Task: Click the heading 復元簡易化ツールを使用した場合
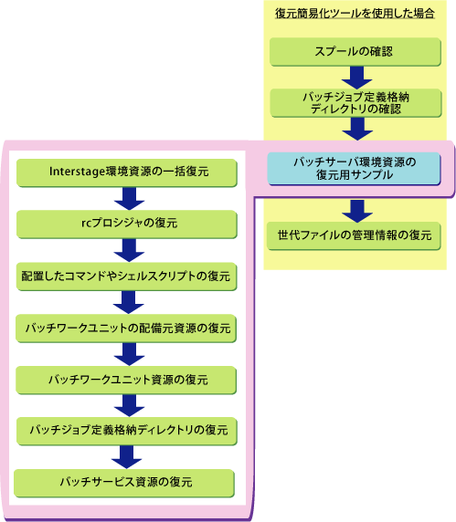pyautogui.click(x=355, y=14)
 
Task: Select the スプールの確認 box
pyautogui.click(x=355, y=52)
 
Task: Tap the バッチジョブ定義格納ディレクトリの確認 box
pyautogui.click(x=355, y=103)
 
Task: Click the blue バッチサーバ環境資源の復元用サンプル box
pyautogui.click(x=354, y=169)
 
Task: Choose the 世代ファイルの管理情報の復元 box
pyautogui.click(x=354, y=235)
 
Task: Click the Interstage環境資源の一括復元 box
pyautogui.click(x=127, y=172)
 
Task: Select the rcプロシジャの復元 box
pyautogui.click(x=127, y=224)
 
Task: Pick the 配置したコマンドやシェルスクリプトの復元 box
pyautogui.click(x=127, y=277)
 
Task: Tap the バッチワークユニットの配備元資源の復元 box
pyautogui.click(x=126, y=329)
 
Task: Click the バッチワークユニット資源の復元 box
pyautogui.click(x=126, y=381)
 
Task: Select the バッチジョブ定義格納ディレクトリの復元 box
pyautogui.click(x=127, y=431)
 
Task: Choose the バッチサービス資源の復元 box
pyautogui.click(x=124, y=483)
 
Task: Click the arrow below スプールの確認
pyautogui.click(x=356, y=78)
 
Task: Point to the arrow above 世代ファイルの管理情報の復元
pyautogui.click(x=357, y=211)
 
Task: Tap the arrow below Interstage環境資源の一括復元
pyautogui.click(x=129, y=199)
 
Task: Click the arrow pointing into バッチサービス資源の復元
pyautogui.click(x=127, y=457)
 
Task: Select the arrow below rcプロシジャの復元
pyautogui.click(x=129, y=250)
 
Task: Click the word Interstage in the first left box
pyautogui.click(x=78, y=172)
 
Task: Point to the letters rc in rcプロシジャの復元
pyautogui.click(x=86, y=223)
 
